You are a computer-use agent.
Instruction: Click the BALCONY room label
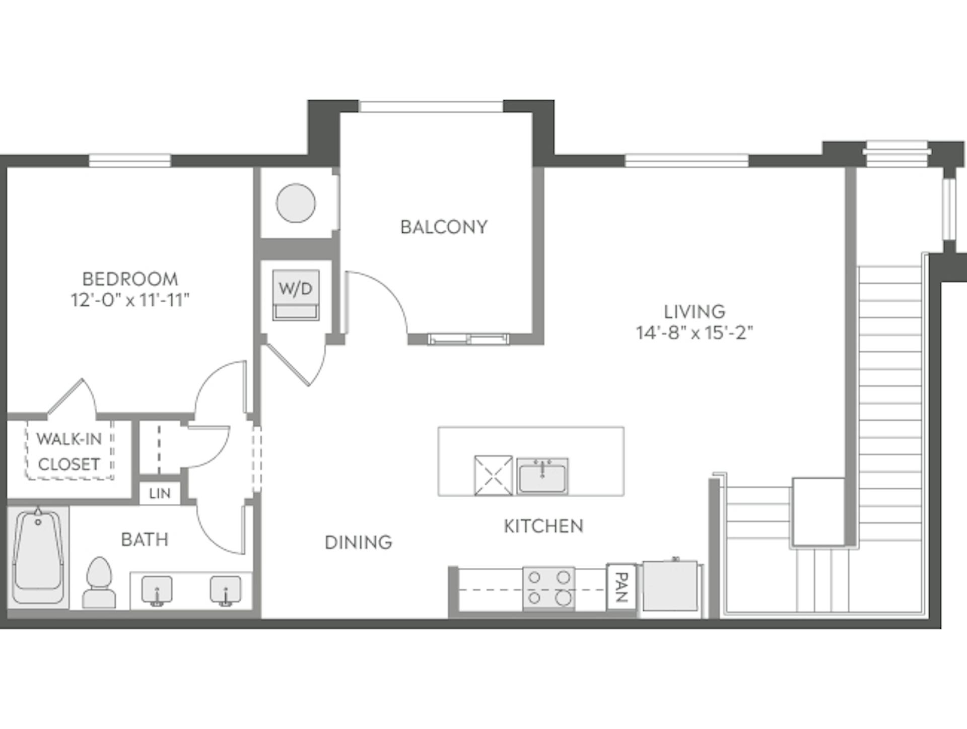pos(444,227)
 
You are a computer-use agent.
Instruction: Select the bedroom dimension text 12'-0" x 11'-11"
pos(130,300)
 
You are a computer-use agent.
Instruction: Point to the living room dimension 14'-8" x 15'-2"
pos(694,333)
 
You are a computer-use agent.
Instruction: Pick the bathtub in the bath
pos(38,557)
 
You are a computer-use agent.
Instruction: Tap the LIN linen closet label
pos(160,493)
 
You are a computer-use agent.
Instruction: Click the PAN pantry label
pos(621,587)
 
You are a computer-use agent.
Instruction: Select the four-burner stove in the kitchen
pos(549,587)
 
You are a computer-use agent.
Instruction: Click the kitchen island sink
pos(542,476)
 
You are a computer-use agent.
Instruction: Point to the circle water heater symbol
pos(296,203)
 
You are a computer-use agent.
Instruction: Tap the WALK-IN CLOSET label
pos(69,451)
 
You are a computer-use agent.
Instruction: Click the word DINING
pos(358,543)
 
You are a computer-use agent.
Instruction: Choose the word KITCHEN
pos(543,526)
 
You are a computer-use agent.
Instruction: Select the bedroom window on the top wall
pos(130,161)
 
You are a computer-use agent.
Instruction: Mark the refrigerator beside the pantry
pos(670,587)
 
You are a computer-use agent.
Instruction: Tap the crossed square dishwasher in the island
pos(493,476)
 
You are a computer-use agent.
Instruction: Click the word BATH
pos(145,540)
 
